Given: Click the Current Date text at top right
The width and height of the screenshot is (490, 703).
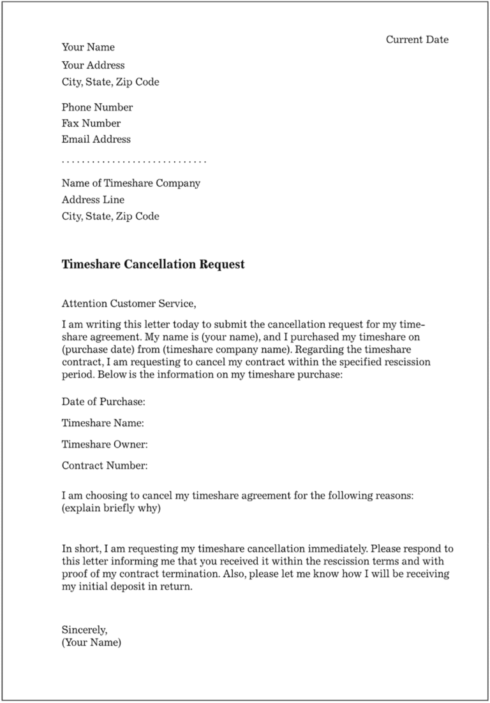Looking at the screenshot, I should pos(417,40).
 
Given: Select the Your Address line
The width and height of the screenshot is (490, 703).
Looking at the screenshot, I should pos(93,65).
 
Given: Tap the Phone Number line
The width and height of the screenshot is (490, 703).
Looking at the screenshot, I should pos(97,107).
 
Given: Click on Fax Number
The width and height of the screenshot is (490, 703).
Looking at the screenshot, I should pos(91,123).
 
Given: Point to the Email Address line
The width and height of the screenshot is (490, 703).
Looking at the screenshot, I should pos(96,139).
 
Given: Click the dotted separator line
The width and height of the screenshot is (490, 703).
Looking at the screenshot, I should pos(134,161).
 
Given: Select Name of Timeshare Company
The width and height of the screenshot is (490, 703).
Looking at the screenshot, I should pos(131,183).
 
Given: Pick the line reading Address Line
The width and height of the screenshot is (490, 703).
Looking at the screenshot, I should pos(93,199).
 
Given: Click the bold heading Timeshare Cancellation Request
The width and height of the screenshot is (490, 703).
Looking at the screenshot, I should pos(153,265).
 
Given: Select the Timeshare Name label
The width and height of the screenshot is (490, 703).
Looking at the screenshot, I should pos(103,423).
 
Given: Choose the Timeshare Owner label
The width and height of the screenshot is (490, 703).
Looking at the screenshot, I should pos(105,444).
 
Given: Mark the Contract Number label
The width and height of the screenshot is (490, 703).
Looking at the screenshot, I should pos(105,465).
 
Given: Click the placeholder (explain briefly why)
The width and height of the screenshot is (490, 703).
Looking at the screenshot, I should pos(111,508).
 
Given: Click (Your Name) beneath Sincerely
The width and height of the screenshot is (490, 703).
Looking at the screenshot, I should pos(91,642).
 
